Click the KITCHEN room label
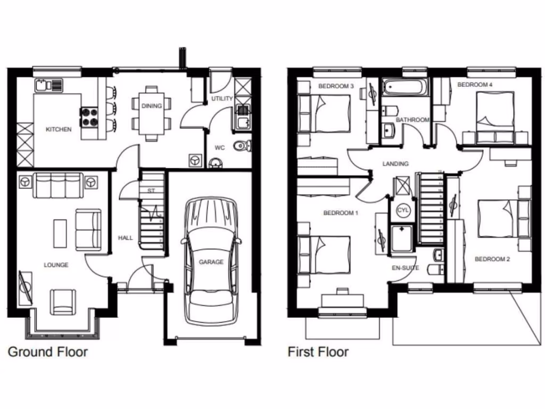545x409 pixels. (x=59, y=129)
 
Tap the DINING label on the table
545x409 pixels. (x=152, y=106)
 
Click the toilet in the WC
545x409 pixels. (x=243, y=145)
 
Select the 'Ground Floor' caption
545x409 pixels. (x=47, y=352)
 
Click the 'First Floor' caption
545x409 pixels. (x=318, y=352)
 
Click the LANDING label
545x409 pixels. (x=395, y=163)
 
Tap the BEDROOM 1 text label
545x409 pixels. (x=341, y=213)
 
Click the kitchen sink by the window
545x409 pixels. (x=48, y=85)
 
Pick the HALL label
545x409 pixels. (x=126, y=238)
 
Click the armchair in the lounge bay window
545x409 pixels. (x=63, y=301)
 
